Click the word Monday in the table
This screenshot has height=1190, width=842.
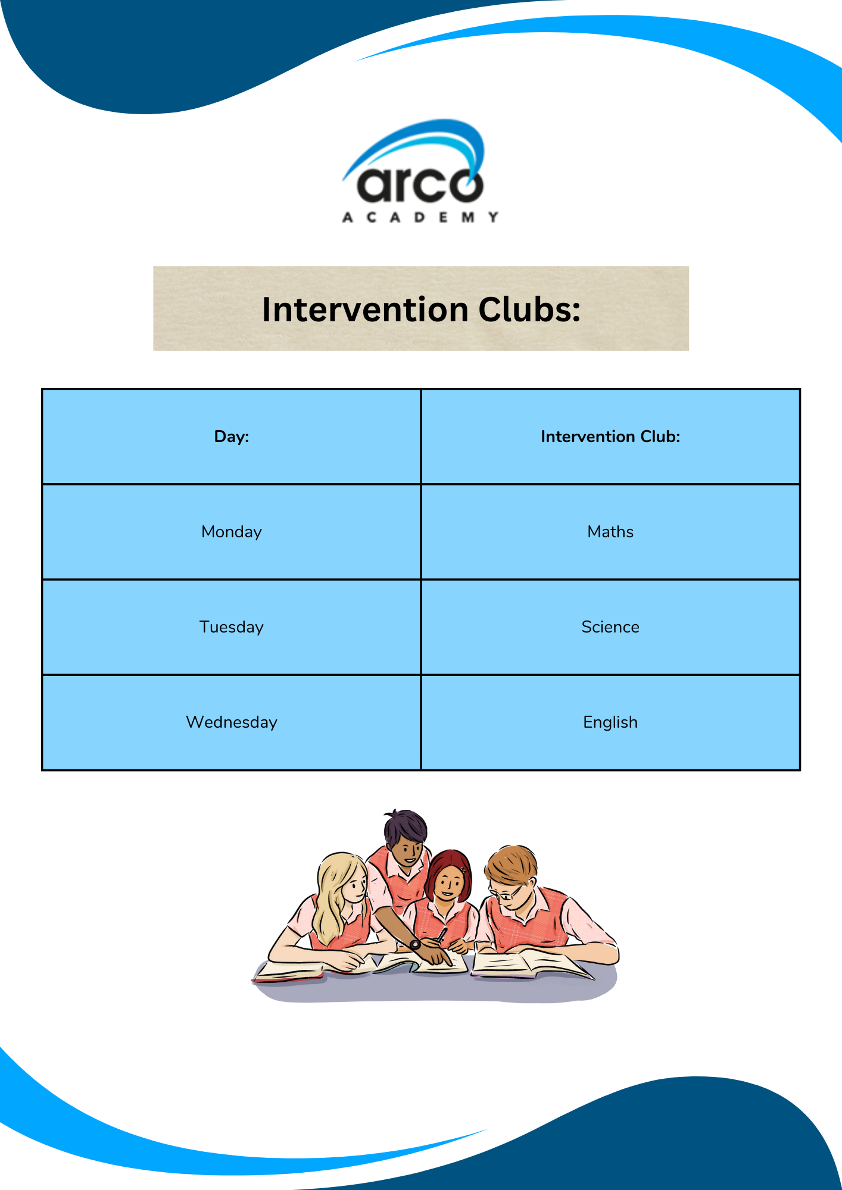[x=232, y=532]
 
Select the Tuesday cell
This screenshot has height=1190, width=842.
[x=232, y=627]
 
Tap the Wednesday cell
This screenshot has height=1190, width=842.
[x=232, y=722]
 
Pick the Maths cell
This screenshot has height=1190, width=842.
[x=610, y=532]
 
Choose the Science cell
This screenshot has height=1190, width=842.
[x=610, y=627]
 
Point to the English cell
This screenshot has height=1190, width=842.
[x=610, y=722]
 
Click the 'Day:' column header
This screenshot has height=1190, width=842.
[x=232, y=437]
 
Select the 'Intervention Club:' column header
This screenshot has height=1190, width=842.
[x=610, y=437]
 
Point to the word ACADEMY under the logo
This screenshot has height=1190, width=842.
[x=420, y=217]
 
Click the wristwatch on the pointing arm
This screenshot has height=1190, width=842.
[x=415, y=944]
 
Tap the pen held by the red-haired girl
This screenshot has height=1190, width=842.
[x=441, y=935]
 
